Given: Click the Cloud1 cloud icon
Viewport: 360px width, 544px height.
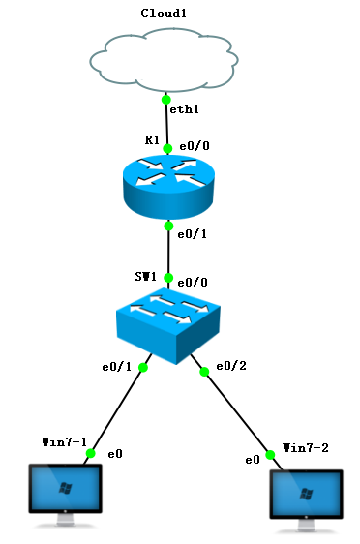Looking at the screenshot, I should click(165, 61).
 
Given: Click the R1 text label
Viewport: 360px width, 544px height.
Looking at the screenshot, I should click(152, 140).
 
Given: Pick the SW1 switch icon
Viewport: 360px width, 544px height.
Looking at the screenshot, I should click(167, 324).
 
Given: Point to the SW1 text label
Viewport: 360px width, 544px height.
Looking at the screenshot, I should click(145, 276).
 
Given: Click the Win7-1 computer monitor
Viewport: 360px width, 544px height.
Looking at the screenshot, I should click(66, 495).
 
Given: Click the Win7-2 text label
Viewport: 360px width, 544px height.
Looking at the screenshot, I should click(305, 448).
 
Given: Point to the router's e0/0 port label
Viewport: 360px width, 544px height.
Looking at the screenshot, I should click(194, 146).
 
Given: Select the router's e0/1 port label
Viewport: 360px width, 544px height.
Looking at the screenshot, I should click(193, 233).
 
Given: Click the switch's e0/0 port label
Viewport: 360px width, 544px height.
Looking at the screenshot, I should click(192, 282).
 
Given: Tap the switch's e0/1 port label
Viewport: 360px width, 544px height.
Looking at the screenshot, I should click(116, 367).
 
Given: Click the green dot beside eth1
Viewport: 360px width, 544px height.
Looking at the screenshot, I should click(165, 99).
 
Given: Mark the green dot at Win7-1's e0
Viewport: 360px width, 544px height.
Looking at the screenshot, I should click(91, 452).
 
